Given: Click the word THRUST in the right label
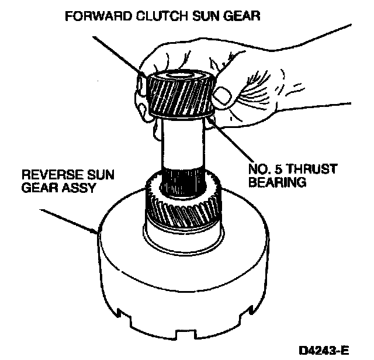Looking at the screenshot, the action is (313, 169).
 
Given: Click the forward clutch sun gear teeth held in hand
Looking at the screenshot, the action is (175, 96).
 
